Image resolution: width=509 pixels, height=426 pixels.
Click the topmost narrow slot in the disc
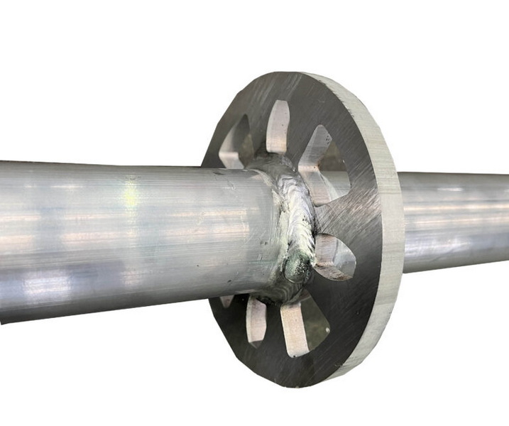pyautogui.click(x=278, y=126)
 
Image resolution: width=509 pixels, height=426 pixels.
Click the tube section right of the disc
pyautogui.click(x=454, y=220)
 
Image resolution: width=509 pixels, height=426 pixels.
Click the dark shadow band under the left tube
pyautogui.click(x=106, y=312)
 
